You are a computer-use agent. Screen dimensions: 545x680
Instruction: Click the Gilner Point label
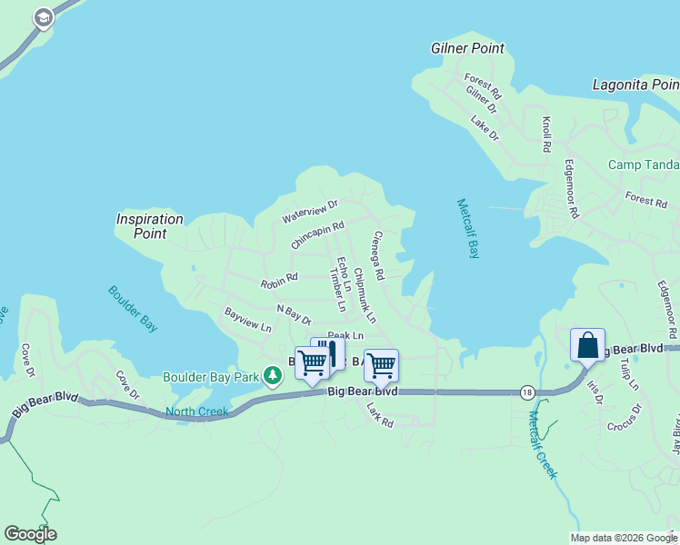click(467, 48)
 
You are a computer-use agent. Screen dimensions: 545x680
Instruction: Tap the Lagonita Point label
click(635, 84)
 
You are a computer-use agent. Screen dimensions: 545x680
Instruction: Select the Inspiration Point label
click(150, 226)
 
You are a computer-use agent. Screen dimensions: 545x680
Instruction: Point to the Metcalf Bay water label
click(467, 229)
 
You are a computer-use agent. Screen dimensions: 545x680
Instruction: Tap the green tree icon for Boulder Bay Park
click(271, 375)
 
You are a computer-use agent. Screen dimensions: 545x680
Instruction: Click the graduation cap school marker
click(43, 18)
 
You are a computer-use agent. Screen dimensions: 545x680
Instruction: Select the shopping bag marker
click(588, 346)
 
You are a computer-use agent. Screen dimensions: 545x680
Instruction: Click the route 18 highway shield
click(527, 392)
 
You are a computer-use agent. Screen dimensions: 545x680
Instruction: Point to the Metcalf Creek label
click(542, 445)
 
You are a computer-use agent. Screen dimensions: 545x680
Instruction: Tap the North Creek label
click(196, 411)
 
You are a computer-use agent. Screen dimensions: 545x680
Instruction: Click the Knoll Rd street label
click(546, 134)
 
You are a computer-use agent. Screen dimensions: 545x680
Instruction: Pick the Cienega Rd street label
click(378, 254)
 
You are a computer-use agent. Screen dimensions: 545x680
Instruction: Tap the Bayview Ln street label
click(248, 319)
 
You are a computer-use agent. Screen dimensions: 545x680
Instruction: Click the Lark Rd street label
click(379, 417)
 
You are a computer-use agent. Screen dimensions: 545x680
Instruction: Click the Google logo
click(30, 534)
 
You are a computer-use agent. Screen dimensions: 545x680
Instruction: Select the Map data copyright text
click(625, 538)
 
